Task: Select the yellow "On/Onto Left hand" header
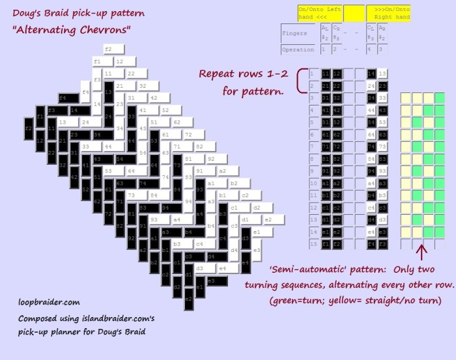point(319,12)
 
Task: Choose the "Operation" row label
point(298,49)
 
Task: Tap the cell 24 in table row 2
point(372,86)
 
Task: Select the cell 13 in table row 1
point(383,74)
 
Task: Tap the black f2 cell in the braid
point(28,129)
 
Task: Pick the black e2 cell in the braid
point(188,299)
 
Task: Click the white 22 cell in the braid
point(131,74)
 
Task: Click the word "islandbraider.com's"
point(119,320)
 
